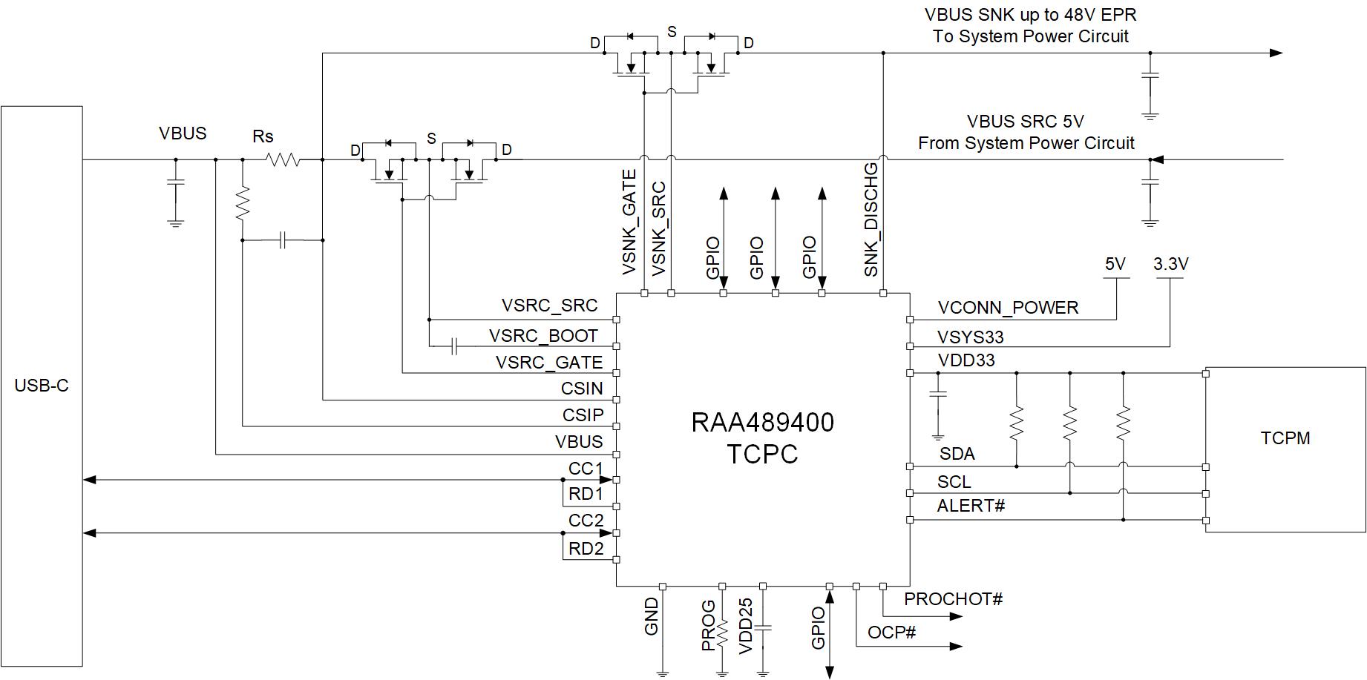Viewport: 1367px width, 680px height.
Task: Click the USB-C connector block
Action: (x=42, y=386)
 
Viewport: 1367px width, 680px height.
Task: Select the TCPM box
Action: (x=1285, y=449)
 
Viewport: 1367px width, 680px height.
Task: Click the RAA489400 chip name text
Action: (x=763, y=423)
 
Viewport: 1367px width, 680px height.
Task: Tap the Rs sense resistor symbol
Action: (x=283, y=159)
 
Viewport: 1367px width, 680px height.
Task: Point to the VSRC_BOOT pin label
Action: (x=543, y=336)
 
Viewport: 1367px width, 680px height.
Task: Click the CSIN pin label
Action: (x=583, y=389)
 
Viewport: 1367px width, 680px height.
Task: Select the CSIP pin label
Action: (x=583, y=415)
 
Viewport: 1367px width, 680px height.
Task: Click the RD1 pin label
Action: (x=586, y=494)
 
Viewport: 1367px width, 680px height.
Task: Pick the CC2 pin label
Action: (x=586, y=521)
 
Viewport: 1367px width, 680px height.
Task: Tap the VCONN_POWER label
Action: (x=1008, y=308)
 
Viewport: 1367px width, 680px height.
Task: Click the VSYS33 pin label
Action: (x=970, y=337)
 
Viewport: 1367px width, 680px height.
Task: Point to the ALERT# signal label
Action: (x=971, y=506)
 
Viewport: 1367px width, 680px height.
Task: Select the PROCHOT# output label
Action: (x=954, y=599)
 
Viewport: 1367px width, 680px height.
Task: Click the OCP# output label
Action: (x=892, y=633)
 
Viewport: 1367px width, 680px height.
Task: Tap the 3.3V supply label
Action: (x=1171, y=264)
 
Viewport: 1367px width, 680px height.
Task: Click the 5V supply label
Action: (x=1115, y=264)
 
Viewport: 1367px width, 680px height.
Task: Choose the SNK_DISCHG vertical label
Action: (x=871, y=219)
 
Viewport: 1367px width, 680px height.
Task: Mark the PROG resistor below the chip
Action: (x=722, y=630)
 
